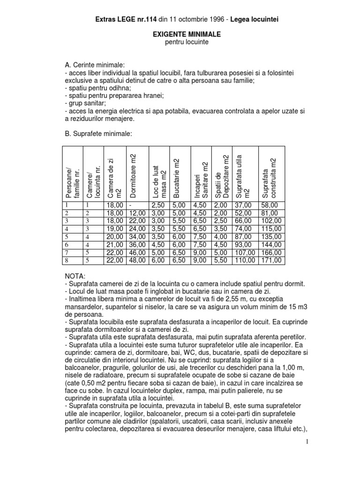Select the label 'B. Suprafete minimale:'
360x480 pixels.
(x=99, y=134)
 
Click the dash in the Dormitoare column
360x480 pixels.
(x=128, y=205)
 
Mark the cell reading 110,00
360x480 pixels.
(x=246, y=260)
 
